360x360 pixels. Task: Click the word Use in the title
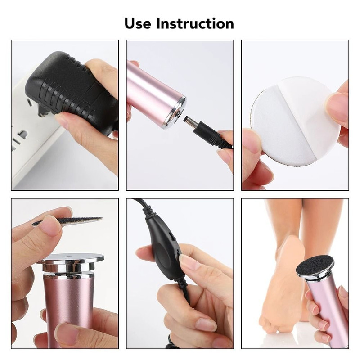tap(138, 23)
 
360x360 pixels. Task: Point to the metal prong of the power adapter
tap(42, 113)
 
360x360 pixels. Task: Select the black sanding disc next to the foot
tap(315, 266)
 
